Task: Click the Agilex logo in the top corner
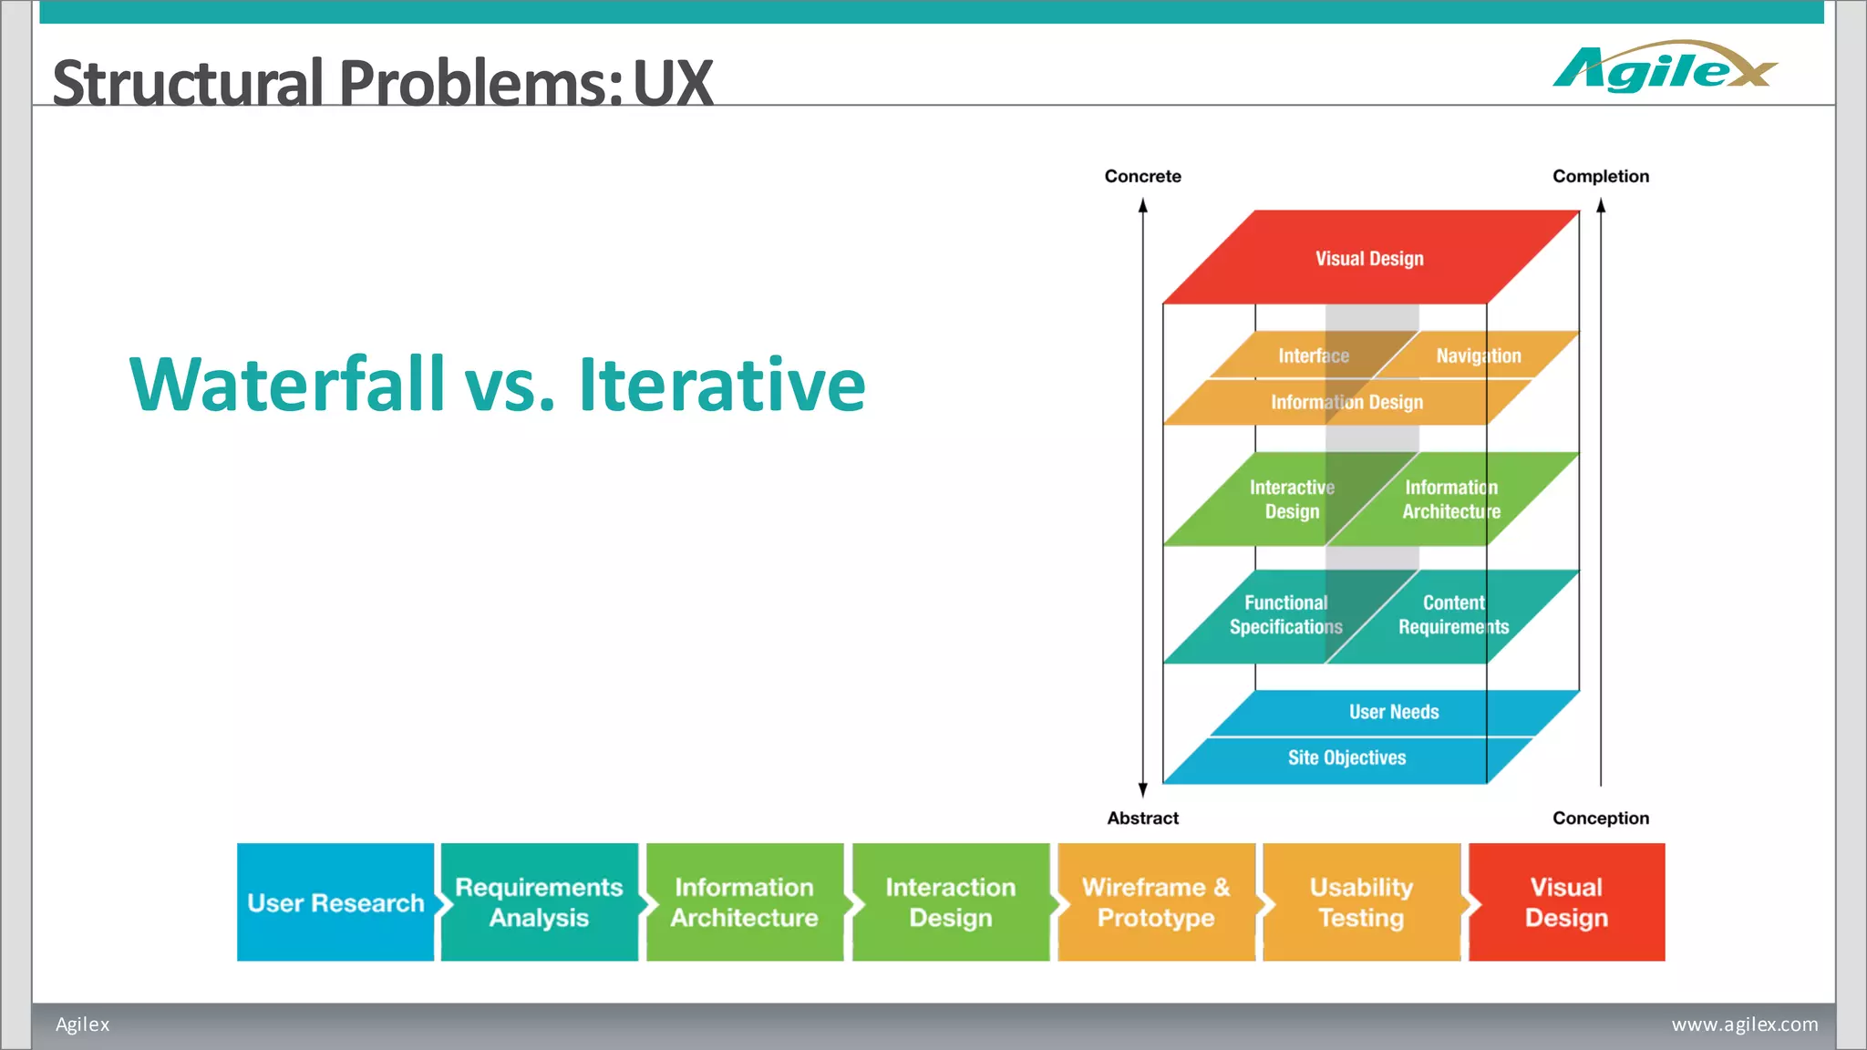1664,68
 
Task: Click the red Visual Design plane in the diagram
1369,258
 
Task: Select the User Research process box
335,902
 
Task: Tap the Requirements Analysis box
539,902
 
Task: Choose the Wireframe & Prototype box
1156,902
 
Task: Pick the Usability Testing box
1361,902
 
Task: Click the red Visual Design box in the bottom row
1566,902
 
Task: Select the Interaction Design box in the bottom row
950,902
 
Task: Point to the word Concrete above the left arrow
1142,176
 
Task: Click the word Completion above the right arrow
1600,176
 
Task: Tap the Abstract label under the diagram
1142,818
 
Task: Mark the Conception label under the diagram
1600,818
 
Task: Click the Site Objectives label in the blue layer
1346,757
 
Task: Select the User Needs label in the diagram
1394,712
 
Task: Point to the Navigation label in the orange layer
1478,355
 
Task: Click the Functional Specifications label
1285,614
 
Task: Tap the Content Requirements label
1453,614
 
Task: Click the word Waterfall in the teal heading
287,385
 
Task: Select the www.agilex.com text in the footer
1744,1024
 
